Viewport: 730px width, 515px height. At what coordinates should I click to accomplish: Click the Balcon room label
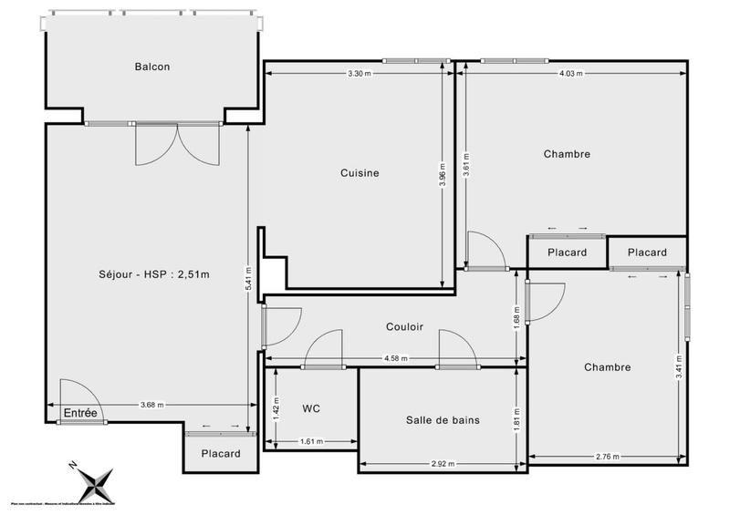point(152,67)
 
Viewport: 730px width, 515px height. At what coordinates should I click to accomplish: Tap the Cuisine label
point(360,173)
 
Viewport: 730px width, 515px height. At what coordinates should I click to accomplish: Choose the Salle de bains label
point(443,420)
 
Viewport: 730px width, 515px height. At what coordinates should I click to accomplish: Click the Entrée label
point(80,414)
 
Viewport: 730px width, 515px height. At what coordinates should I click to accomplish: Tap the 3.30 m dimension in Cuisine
point(360,73)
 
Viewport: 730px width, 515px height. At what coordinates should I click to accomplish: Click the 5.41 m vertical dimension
point(248,277)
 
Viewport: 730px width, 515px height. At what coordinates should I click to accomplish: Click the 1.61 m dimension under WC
point(311,443)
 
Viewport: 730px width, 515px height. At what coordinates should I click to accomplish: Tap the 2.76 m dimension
point(607,456)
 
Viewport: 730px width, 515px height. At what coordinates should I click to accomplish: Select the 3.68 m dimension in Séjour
point(152,405)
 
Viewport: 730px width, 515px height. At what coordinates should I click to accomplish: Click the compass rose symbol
point(95,480)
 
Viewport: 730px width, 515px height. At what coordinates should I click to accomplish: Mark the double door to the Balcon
point(177,144)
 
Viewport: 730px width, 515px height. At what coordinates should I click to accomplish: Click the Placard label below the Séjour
point(220,454)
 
